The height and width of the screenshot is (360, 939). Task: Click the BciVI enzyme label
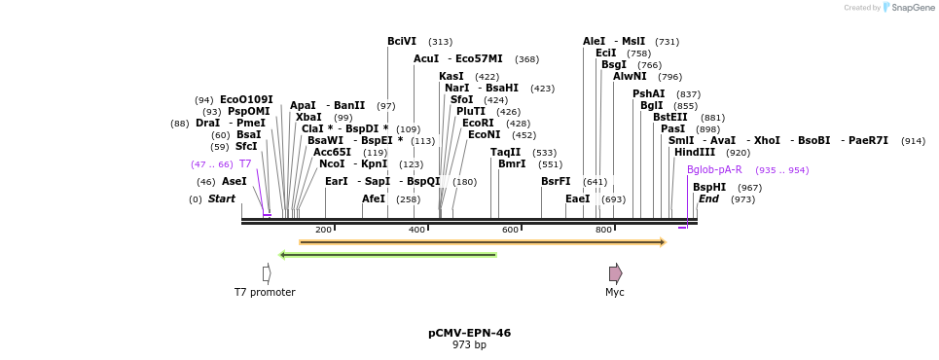click(x=401, y=42)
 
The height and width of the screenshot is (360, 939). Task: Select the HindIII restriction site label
click(x=694, y=153)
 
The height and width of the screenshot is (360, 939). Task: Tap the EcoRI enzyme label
click(x=477, y=124)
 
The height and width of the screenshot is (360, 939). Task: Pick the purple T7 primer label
click(x=245, y=164)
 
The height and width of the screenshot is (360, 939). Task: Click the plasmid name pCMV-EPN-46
click(x=469, y=333)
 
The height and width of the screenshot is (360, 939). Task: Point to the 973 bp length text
click(x=469, y=345)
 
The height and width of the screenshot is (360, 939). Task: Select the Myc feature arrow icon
click(x=615, y=273)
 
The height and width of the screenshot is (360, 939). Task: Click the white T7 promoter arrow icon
click(x=267, y=273)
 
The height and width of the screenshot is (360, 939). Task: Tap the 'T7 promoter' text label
click(x=265, y=292)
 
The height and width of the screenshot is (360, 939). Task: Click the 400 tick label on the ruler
click(x=416, y=230)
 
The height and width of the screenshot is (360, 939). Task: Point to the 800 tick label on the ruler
click(x=603, y=230)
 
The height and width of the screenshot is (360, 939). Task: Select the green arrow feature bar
click(x=387, y=255)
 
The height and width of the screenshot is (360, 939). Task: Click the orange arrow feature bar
click(x=482, y=242)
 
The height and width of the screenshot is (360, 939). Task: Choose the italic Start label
click(x=222, y=199)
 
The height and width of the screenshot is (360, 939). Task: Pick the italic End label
click(x=708, y=199)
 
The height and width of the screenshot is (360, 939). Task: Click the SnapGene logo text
click(x=914, y=8)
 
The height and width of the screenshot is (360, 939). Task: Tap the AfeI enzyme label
click(x=374, y=199)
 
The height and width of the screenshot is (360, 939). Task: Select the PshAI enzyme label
click(x=648, y=94)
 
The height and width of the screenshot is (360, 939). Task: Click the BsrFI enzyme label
click(x=556, y=182)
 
